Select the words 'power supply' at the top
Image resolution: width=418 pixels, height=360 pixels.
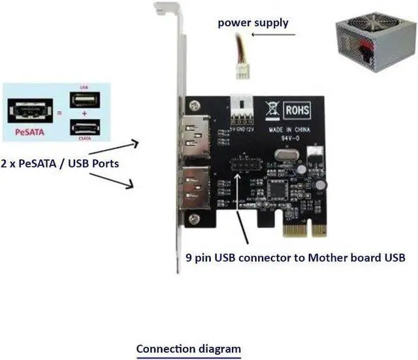click(253, 23)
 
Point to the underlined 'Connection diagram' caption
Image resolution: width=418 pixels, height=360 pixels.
click(188, 349)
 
